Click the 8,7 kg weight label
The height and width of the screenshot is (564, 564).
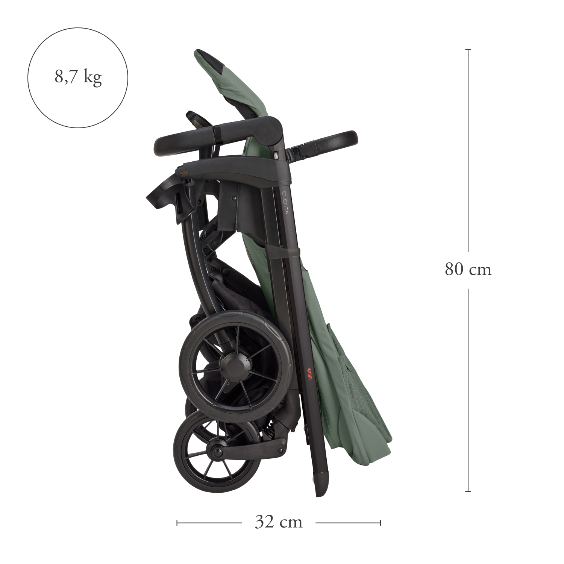tap(78, 77)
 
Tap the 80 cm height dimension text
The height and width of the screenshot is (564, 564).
tap(468, 270)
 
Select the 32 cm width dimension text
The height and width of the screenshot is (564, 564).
tap(279, 522)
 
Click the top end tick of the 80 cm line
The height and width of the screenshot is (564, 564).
tap(468, 50)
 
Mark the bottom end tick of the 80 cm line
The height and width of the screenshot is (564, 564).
tap(468, 491)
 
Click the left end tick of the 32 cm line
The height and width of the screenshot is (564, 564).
tap(177, 523)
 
